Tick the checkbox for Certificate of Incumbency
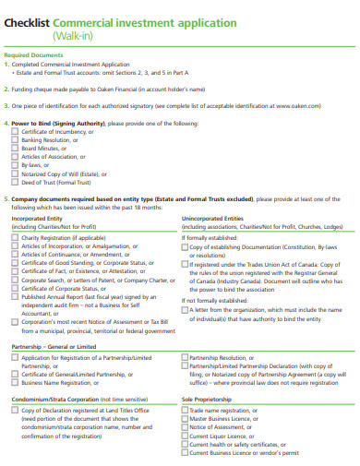tap(16, 131)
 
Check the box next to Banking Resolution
tap(16, 139)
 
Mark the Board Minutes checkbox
tap(16, 148)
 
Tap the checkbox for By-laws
tap(16, 164)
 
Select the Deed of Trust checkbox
tap(16, 181)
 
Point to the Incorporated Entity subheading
tap(37, 218)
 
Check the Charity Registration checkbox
tap(16, 237)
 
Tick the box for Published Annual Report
tap(16, 296)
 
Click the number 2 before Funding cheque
tap(6, 89)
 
